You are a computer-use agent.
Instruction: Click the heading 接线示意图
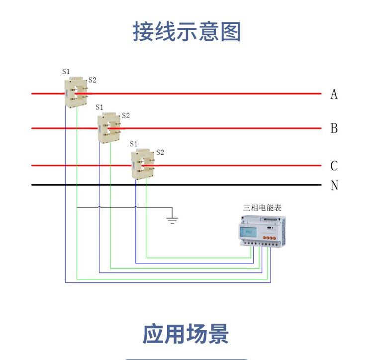pyautogui.click(x=186, y=31)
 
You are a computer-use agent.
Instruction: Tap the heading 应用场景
pyautogui.click(x=186, y=334)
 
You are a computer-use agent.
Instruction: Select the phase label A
pyautogui.click(x=334, y=94)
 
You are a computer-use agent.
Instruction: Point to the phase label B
pyautogui.click(x=334, y=128)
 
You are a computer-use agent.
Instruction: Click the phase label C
pyautogui.click(x=334, y=166)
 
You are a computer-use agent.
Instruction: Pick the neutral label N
pyautogui.click(x=334, y=186)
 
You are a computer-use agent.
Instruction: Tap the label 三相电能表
pyautogui.click(x=262, y=208)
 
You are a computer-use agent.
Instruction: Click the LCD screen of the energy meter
pyautogui.click(x=249, y=232)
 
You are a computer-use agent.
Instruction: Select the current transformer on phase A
pyautogui.click(x=76, y=91)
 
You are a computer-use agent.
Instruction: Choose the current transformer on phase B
pyautogui.click(x=109, y=127)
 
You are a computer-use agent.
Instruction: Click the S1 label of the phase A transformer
pyautogui.click(x=66, y=72)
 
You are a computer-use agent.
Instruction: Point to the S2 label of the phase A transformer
pyautogui.click(x=92, y=80)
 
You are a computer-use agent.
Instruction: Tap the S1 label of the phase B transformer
pyautogui.click(x=99, y=107)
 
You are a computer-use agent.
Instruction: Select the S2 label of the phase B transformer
pyautogui.click(x=126, y=116)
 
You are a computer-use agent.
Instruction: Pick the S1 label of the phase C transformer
pyautogui.click(x=133, y=144)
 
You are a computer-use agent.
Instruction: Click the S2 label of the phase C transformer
pyautogui.click(x=160, y=152)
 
